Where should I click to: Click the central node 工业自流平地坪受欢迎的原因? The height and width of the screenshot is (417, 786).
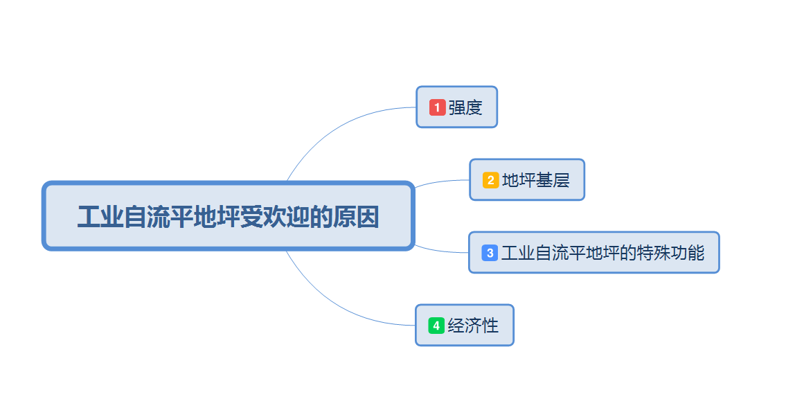coord(228,216)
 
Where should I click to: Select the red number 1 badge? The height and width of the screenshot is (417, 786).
coord(437,107)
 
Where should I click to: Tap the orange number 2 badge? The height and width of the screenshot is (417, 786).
coord(490,180)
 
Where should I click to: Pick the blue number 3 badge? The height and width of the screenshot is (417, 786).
coord(490,253)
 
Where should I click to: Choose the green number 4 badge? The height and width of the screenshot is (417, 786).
coord(436,326)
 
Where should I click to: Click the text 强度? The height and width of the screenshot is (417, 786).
coord(465,107)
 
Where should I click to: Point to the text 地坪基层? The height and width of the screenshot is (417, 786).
coord(535,180)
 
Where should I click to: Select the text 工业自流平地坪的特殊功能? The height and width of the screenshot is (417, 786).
coord(602,253)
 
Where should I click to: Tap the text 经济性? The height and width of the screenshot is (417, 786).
coord(473,326)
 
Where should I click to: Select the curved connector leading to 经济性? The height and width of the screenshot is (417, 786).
coord(332,303)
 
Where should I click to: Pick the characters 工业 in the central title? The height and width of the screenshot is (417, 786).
coord(100,217)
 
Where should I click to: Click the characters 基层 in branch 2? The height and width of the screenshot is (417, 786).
coord(552,180)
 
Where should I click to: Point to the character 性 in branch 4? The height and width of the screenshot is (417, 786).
coord(490,326)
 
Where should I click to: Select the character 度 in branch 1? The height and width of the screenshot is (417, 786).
coord(474,107)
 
